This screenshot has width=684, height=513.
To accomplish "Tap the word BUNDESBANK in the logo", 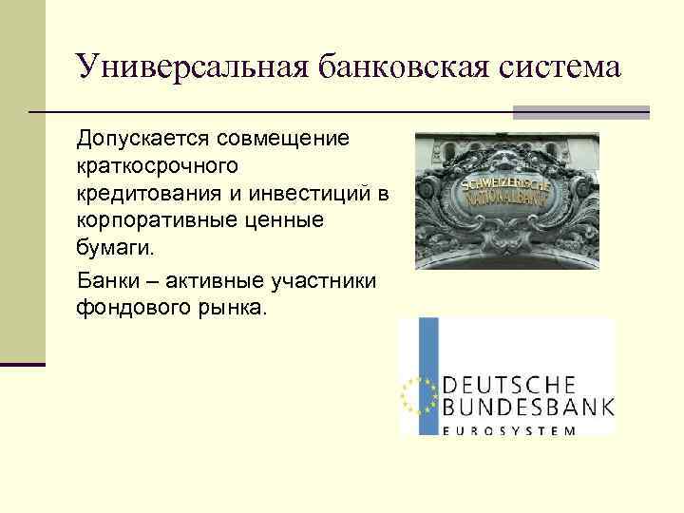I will (527, 409).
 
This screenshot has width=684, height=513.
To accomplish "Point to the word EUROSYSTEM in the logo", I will (509, 431).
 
